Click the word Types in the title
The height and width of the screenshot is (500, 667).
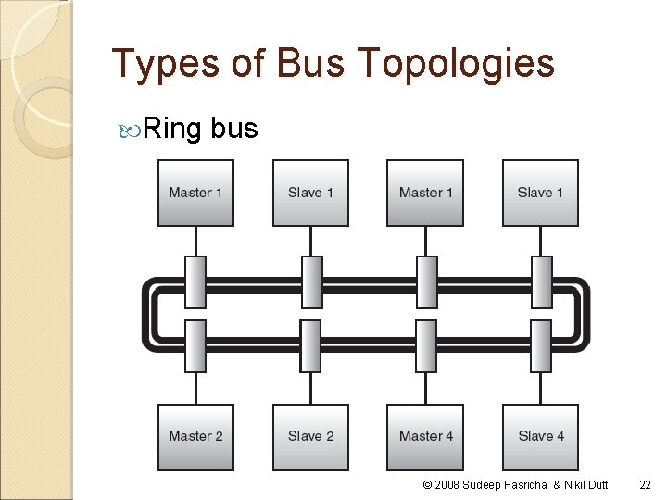163,64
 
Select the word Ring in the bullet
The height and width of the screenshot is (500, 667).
173,128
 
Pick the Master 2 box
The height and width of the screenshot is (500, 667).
195,436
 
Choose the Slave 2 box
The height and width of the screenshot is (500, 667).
310,436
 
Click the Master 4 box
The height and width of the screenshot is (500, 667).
426,436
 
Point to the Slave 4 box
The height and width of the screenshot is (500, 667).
540,436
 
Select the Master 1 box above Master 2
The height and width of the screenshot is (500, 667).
195,193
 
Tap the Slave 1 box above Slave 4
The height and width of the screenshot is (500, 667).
540,193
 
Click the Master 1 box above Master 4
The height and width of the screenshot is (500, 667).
426,193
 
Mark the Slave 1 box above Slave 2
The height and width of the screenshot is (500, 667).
310,193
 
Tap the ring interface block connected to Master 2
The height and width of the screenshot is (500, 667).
195,345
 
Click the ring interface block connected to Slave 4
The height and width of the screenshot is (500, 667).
541,345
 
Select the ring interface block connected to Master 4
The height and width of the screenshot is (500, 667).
426,345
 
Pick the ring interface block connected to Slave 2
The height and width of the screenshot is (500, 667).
310,345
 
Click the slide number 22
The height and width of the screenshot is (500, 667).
645,485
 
